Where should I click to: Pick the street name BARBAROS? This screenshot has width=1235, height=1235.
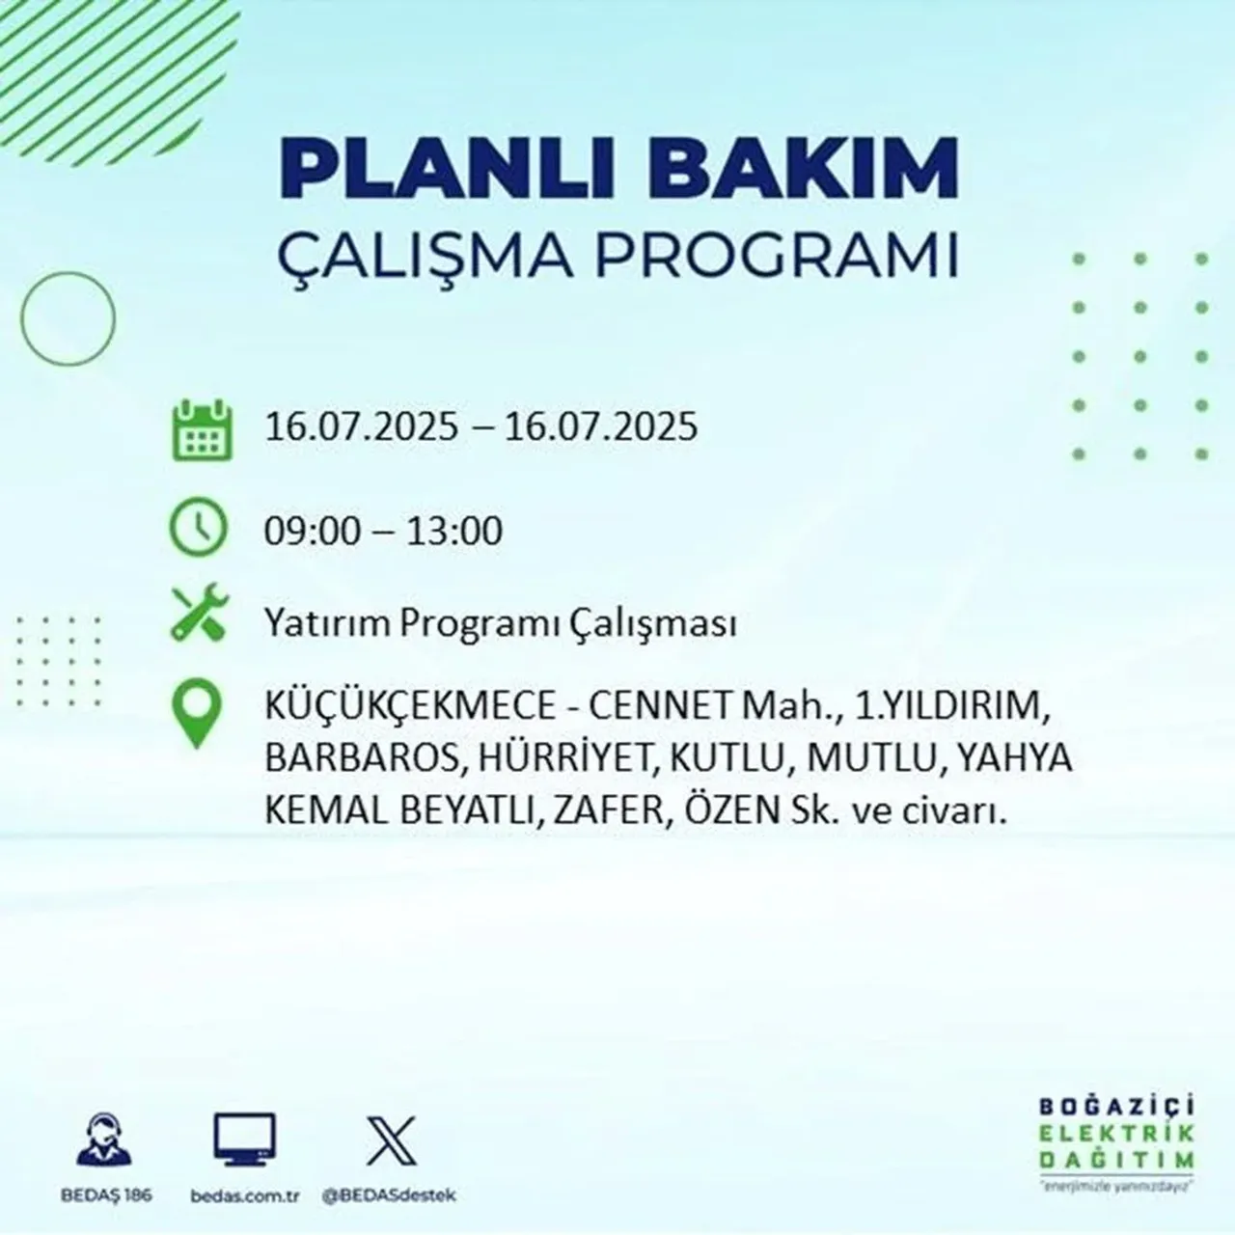coord(360,759)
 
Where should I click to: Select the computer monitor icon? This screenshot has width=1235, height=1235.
coord(244,1140)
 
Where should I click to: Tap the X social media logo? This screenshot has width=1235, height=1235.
coord(391,1140)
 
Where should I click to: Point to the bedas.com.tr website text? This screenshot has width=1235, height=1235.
coord(245,1195)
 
